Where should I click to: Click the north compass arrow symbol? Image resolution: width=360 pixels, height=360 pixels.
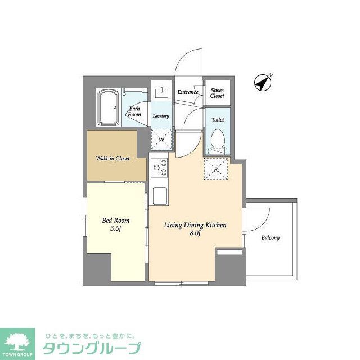[262, 83]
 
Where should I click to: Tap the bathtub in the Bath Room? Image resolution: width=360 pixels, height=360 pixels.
[107, 108]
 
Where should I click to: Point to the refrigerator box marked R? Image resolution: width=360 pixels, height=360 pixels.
[215, 169]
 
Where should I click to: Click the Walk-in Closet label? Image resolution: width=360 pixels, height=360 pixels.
[112, 159]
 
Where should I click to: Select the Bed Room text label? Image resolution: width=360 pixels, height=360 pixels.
[115, 220]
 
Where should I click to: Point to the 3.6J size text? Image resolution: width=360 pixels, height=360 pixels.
[115, 229]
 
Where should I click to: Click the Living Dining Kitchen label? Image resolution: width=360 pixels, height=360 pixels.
[195, 225]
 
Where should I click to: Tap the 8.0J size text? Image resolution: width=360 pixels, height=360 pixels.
[195, 233]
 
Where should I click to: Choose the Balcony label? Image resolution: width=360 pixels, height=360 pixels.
[270, 238]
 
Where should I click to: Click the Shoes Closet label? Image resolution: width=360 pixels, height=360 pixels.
[217, 93]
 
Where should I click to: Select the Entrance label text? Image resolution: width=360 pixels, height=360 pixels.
[187, 92]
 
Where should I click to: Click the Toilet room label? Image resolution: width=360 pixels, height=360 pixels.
[218, 120]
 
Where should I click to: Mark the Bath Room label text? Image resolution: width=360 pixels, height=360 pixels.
[134, 111]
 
